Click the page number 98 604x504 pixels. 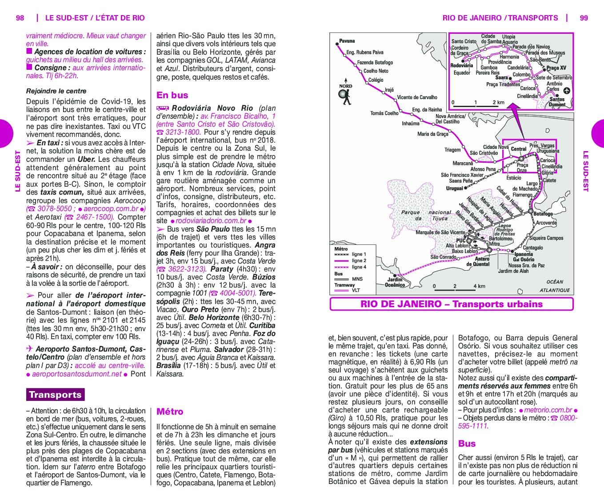[20, 18]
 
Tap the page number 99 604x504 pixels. [584, 18]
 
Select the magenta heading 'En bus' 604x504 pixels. [172, 95]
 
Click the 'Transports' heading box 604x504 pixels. [55, 395]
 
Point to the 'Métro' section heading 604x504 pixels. [170, 412]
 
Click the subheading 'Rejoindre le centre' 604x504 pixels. [56, 91]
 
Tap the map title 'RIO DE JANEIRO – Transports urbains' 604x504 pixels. [452, 304]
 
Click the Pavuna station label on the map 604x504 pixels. [347, 41]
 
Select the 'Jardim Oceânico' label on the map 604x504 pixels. [395, 282]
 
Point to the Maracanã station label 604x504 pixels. [463, 163]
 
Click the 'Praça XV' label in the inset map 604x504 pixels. [556, 68]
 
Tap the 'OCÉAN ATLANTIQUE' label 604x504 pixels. [555, 286]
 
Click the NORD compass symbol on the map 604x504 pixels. [345, 95]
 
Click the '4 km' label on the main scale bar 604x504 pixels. [479, 286]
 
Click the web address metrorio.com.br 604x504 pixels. [548, 410]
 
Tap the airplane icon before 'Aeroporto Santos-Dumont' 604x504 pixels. [29, 349]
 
